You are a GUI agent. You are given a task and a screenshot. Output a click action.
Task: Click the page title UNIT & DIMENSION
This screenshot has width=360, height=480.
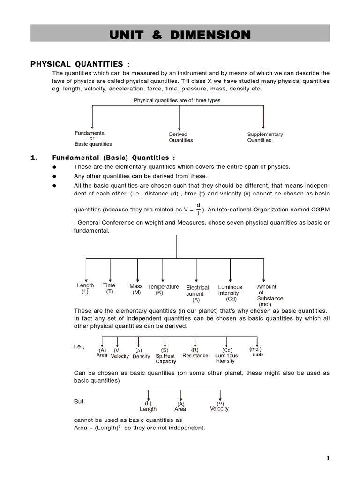point(180,35)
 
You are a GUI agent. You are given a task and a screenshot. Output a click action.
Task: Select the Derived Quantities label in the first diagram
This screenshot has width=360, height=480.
point(180,137)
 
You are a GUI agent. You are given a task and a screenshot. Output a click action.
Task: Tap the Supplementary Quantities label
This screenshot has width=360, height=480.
point(265,137)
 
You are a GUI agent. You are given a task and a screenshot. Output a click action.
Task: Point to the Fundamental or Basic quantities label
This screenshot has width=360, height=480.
point(93,138)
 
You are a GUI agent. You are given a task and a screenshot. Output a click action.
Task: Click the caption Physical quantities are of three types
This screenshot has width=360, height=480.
point(177,100)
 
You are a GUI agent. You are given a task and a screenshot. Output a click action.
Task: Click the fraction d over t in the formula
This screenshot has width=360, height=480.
point(198,209)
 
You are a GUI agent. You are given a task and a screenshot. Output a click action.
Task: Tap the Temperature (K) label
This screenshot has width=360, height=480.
point(163,289)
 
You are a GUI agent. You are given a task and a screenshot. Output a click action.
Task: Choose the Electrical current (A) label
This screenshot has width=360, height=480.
point(197,293)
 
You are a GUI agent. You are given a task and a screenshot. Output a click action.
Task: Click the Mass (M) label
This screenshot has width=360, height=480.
point(136,289)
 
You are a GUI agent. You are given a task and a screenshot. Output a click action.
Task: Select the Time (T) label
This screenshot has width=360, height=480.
point(109,288)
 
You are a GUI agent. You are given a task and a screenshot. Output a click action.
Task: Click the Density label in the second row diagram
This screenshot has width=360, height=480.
point(141,356)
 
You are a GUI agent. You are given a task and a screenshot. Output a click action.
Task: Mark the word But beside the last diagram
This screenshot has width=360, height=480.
point(79,401)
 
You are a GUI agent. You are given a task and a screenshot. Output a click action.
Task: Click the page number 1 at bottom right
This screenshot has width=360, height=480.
point(328,458)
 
